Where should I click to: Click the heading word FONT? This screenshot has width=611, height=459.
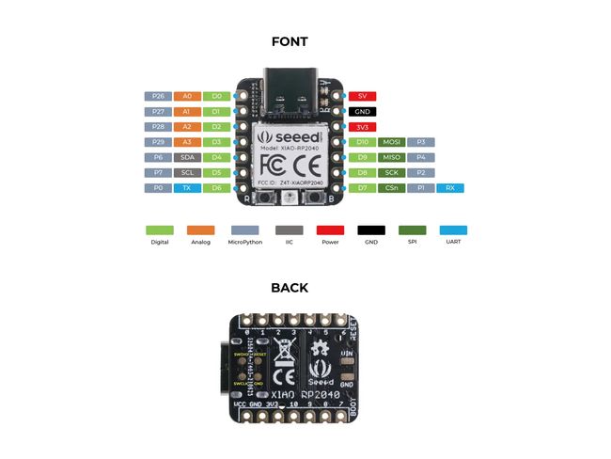click(x=289, y=41)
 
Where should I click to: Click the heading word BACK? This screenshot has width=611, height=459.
click(x=289, y=288)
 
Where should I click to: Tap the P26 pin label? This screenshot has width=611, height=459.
click(x=158, y=96)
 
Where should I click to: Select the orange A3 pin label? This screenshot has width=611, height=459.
click(x=187, y=142)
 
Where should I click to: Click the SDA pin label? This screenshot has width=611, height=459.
click(x=187, y=157)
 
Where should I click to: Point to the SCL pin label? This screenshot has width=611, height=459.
click(x=187, y=173)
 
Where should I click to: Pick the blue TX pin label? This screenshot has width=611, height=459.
click(x=187, y=188)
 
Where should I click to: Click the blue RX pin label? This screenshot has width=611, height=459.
click(x=450, y=188)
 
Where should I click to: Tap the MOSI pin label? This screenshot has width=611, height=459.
click(x=391, y=142)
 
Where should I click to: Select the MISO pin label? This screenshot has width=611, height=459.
click(x=391, y=157)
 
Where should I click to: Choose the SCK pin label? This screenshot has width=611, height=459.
click(x=391, y=173)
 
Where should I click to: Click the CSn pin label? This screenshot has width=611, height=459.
click(x=391, y=188)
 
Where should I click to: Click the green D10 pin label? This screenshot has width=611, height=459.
click(x=362, y=142)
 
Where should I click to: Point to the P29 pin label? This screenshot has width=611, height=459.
click(x=158, y=142)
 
